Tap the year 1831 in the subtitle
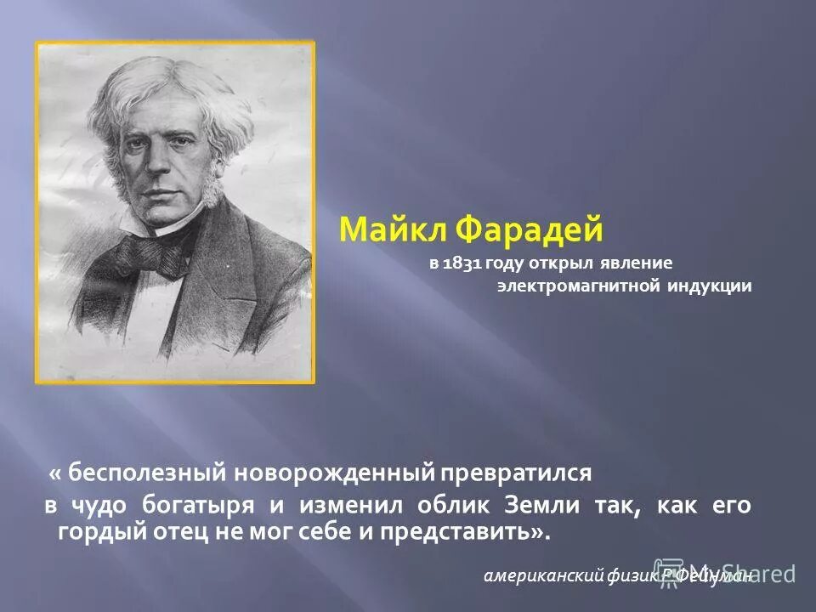pyautogui.click(x=460, y=264)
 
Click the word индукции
pyautogui.click(x=709, y=286)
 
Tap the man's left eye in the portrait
pyautogui.click(x=183, y=145)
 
